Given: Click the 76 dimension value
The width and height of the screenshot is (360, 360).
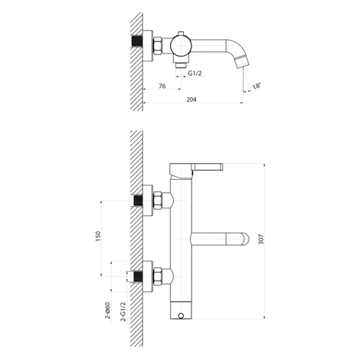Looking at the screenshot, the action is pyautogui.click(x=162, y=86).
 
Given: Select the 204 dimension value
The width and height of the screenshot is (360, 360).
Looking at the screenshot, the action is pyautogui.click(x=191, y=100).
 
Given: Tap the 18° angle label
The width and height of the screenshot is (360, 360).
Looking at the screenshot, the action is pyautogui.click(x=257, y=86).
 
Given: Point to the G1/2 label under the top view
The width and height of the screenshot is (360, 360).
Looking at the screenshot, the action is pyautogui.click(x=195, y=74).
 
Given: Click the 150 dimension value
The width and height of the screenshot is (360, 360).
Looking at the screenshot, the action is pyautogui.click(x=98, y=236).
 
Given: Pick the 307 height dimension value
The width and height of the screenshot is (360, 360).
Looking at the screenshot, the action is pyautogui.click(x=260, y=239).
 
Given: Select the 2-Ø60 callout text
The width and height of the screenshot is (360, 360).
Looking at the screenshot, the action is pyautogui.click(x=107, y=310).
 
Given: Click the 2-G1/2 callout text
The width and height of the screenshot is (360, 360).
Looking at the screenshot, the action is pyautogui.click(x=123, y=312).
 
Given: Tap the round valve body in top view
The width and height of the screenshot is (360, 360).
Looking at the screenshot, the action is pyautogui.click(x=181, y=44).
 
